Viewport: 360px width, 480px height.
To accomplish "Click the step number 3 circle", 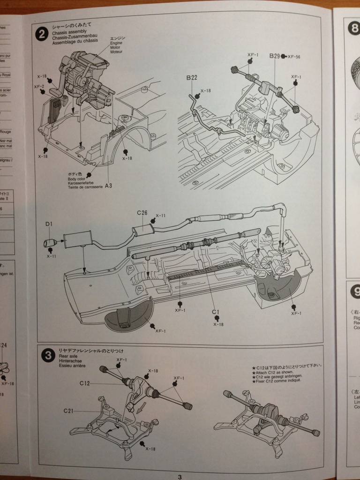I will (x=47, y=355).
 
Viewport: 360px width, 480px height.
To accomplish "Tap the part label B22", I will (x=192, y=78).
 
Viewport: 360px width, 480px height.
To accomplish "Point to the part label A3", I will (x=108, y=186).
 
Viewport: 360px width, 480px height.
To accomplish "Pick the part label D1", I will (x=49, y=225).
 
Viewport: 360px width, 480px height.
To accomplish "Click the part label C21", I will (x=68, y=411).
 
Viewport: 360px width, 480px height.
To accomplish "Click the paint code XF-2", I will (x=39, y=87).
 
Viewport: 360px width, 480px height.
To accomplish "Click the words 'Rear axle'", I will (x=66, y=357).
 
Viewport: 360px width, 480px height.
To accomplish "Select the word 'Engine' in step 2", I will (x=116, y=43).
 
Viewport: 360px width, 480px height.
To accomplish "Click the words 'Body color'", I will (x=78, y=179).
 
